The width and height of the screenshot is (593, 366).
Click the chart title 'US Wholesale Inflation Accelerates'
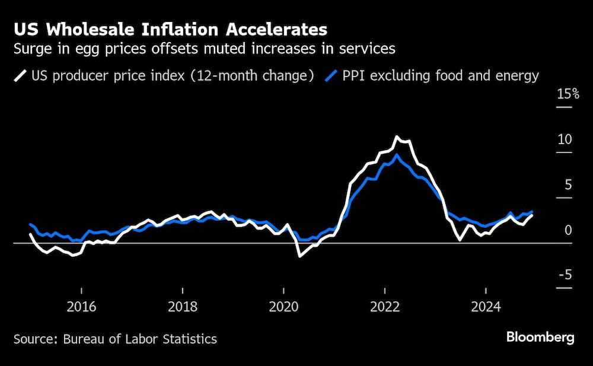170,29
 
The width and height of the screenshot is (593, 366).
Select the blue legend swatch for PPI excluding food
332,76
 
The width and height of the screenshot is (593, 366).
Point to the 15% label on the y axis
568,94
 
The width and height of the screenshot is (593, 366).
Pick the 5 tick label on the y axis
568,185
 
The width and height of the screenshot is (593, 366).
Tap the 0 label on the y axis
568,230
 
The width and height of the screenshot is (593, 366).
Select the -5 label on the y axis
565,275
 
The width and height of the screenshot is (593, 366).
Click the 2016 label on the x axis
81,307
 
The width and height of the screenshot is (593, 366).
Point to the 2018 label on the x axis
183,307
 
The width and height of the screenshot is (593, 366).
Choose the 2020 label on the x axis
284,307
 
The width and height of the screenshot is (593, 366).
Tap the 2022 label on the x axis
385,307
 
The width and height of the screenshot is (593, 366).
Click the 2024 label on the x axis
486,307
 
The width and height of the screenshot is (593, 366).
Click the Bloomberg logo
540,338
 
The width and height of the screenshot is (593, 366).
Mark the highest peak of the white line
397,137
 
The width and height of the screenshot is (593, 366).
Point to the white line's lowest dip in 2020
299,256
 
